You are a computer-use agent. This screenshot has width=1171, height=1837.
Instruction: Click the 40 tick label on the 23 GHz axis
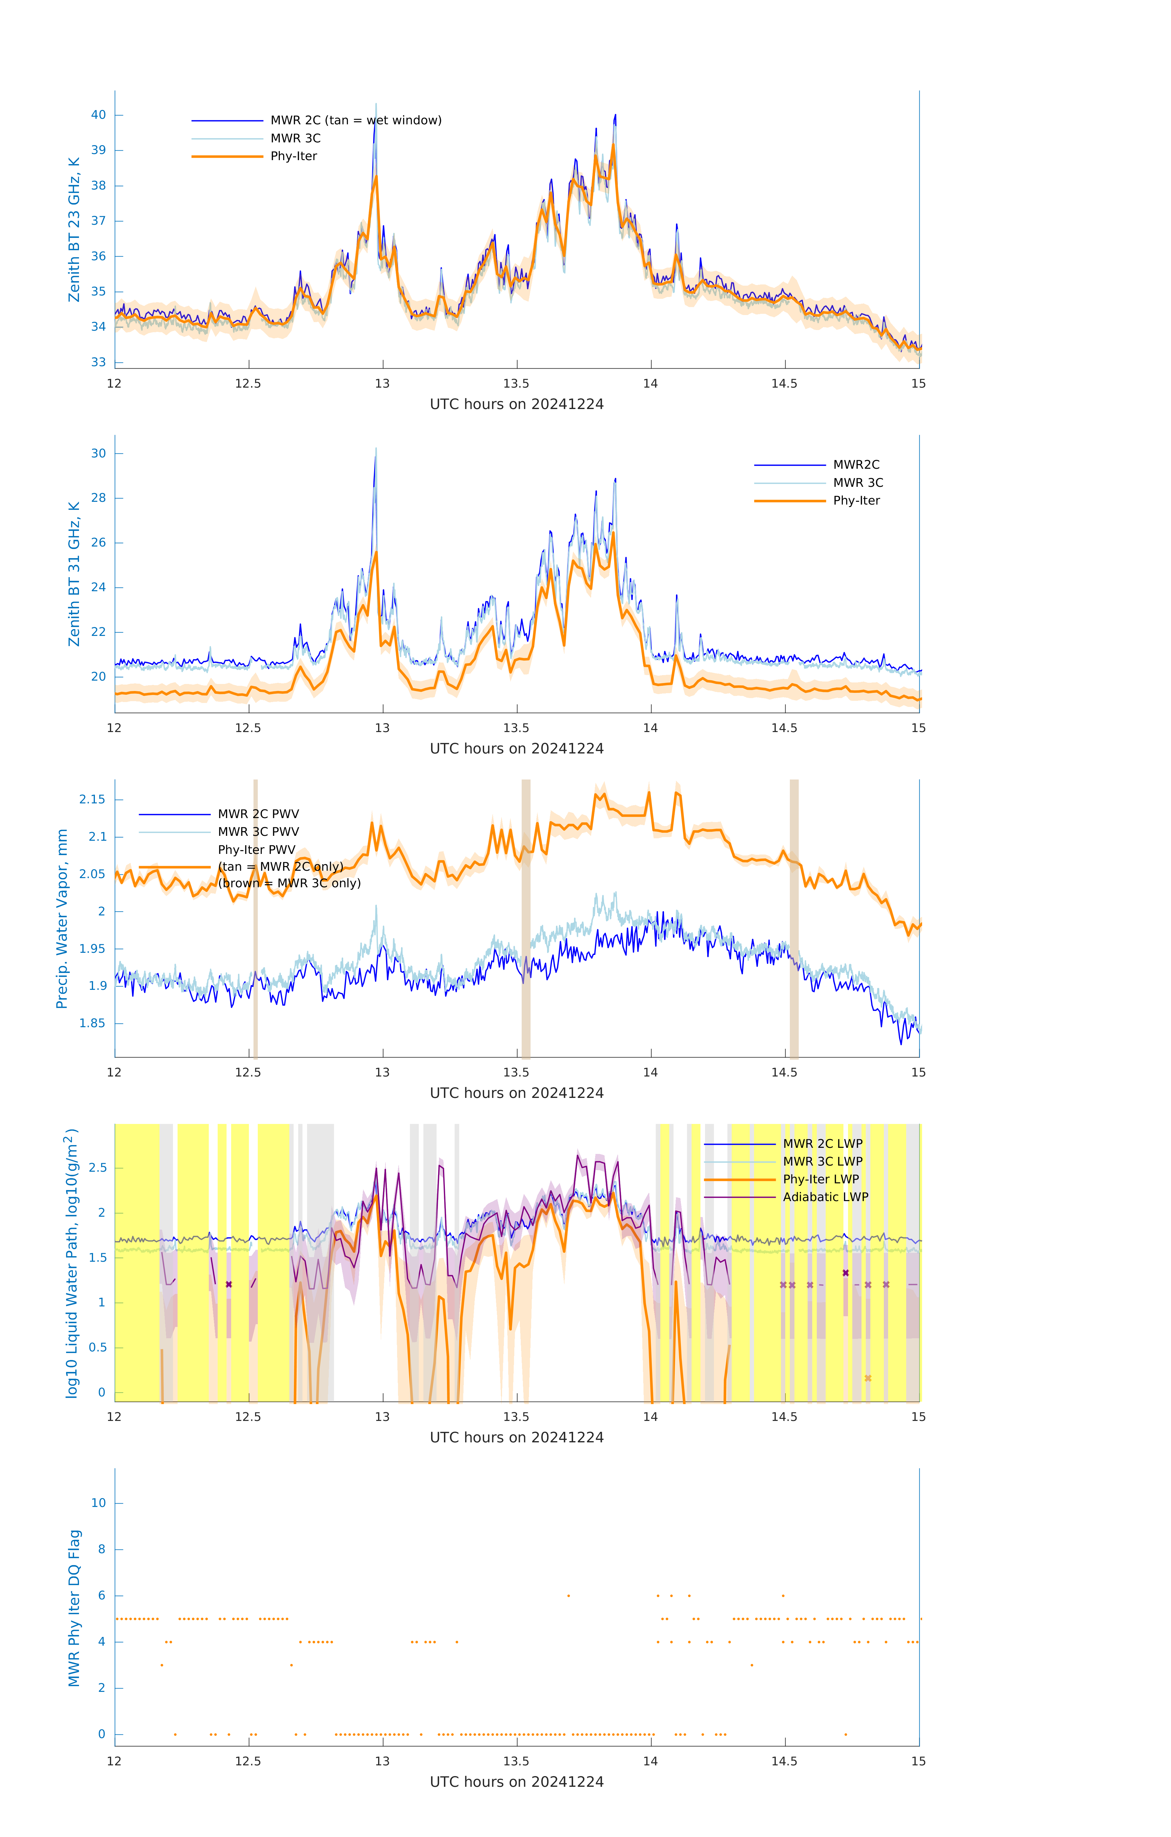coord(98,115)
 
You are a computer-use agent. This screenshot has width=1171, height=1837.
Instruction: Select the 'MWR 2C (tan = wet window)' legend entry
coord(355,121)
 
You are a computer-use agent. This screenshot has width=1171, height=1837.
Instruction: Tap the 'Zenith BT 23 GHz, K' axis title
coord(74,230)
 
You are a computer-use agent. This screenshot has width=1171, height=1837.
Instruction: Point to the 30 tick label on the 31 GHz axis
coord(98,453)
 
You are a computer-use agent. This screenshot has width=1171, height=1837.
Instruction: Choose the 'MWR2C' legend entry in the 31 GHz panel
coord(856,464)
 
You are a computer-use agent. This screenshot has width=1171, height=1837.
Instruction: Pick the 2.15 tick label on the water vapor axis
coord(92,799)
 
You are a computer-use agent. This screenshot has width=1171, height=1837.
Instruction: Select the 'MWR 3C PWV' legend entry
coord(259,832)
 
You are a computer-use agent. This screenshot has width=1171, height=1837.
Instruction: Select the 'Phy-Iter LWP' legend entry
coord(821,1179)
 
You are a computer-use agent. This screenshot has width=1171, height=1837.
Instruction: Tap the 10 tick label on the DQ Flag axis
coord(98,1503)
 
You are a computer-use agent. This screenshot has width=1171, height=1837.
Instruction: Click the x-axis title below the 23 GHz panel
coord(516,404)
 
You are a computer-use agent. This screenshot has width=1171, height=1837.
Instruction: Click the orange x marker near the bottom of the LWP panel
coord(868,1378)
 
